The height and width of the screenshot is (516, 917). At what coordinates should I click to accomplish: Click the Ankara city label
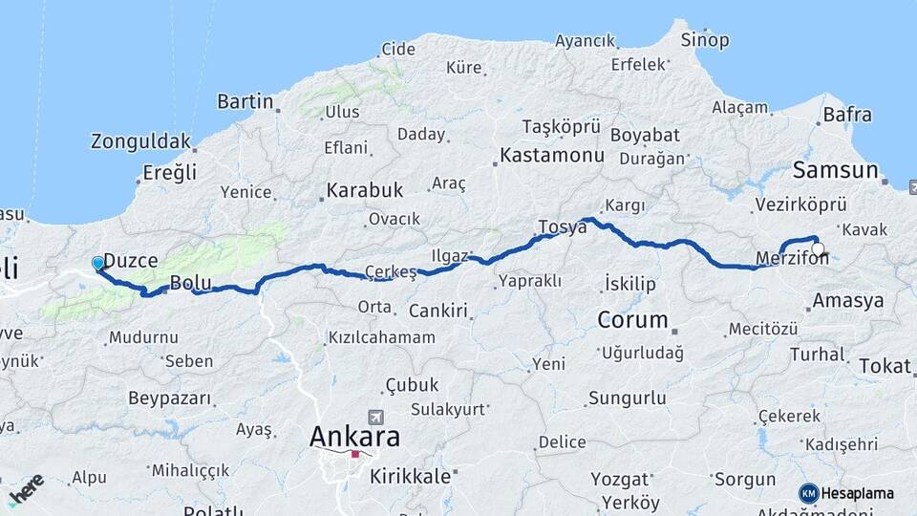tap(354, 437)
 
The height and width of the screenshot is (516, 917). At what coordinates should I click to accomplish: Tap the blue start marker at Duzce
tap(97, 263)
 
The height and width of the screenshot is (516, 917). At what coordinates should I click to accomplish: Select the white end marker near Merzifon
tap(818, 249)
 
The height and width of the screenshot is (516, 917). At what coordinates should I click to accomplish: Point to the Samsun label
tap(835, 171)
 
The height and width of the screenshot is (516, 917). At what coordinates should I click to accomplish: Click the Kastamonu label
tap(552, 155)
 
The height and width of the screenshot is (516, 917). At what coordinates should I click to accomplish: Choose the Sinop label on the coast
tap(704, 40)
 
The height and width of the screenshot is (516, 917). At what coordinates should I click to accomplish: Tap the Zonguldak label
tap(140, 141)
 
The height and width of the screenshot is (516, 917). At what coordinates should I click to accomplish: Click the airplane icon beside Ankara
tap(375, 419)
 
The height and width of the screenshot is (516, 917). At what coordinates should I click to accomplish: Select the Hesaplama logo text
tap(856, 493)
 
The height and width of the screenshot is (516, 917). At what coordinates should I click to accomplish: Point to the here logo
tap(26, 486)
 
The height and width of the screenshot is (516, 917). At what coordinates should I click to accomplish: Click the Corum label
tap(631, 319)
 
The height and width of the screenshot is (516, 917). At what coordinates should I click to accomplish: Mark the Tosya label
tap(562, 226)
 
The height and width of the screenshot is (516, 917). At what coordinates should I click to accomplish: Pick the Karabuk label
tap(364, 190)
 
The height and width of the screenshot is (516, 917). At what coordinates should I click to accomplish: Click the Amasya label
tap(847, 301)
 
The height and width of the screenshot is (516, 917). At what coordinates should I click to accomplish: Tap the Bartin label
tap(245, 101)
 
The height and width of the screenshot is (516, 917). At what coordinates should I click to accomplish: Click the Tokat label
tap(885, 366)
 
